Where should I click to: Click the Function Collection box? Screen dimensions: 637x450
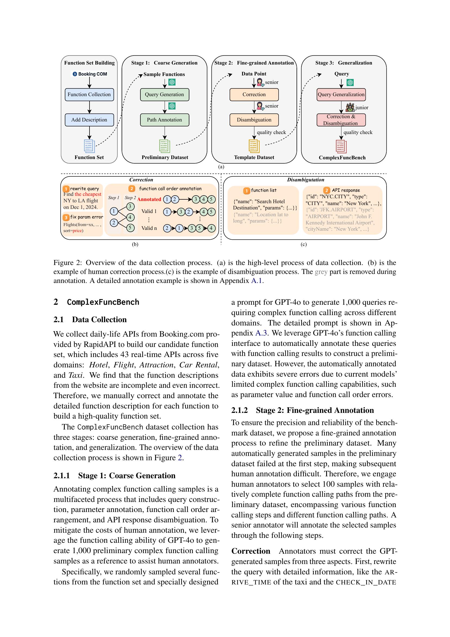89,95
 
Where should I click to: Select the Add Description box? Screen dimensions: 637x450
89,120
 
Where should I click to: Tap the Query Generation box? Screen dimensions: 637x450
165,95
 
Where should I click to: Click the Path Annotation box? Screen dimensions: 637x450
165,120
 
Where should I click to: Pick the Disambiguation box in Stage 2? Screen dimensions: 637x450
254,120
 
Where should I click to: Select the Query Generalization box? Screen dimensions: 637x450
341,95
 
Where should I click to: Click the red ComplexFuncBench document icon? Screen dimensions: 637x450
341,146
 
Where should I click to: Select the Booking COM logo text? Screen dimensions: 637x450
90,74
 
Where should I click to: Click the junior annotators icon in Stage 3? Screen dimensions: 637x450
350,107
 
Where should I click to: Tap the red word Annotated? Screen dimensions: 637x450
149,199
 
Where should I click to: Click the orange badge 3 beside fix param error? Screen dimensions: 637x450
66,217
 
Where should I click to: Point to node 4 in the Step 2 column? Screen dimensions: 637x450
130,217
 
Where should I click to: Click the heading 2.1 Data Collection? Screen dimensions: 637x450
90,320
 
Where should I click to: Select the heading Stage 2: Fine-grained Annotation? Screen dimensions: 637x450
303,410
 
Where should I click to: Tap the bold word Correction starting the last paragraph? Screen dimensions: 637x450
251,551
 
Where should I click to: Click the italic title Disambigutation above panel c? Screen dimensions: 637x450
305,180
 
